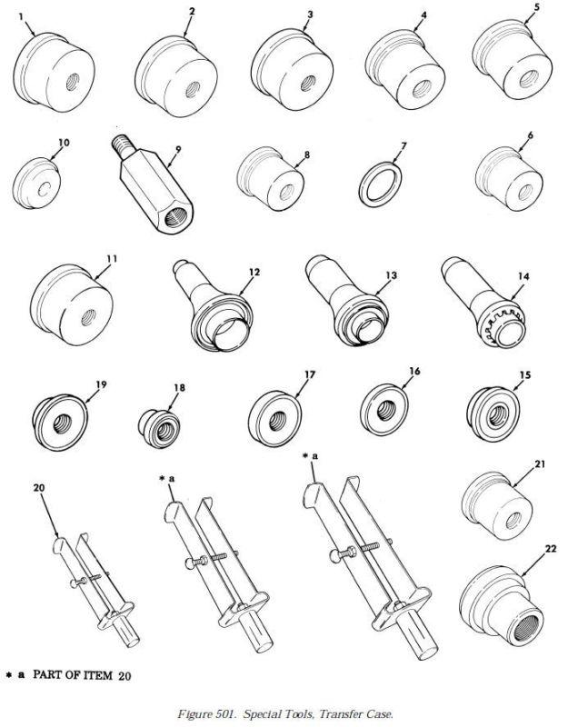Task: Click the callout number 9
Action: (178, 149)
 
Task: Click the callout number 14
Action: (523, 276)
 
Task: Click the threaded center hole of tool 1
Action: (72, 83)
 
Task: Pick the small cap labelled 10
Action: (36, 184)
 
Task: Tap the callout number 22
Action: (551, 549)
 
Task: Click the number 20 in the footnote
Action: (125, 676)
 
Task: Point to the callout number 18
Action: (179, 388)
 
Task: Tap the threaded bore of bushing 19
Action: (63, 423)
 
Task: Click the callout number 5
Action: (536, 9)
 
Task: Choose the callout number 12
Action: (254, 272)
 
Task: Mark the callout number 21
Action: (540, 464)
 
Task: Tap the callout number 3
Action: (310, 15)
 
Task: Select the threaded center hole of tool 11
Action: (88, 318)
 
